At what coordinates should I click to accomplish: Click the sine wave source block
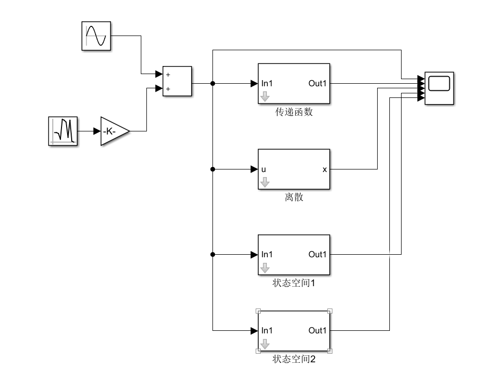click(96, 36)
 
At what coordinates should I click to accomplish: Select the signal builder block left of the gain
click(63, 131)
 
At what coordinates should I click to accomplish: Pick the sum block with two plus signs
click(177, 81)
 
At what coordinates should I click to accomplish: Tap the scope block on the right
click(439, 88)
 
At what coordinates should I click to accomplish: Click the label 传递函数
click(294, 112)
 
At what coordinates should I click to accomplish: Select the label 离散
click(294, 197)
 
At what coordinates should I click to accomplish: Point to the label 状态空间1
click(294, 283)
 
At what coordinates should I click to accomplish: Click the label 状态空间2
click(294, 359)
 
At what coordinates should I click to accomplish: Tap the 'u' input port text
click(264, 169)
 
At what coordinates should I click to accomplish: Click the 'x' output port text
click(324, 169)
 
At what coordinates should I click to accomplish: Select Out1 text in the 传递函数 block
click(317, 84)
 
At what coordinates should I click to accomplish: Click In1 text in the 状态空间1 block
click(267, 255)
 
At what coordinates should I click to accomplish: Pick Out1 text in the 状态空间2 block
click(317, 331)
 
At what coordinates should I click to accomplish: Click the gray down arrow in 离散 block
click(265, 182)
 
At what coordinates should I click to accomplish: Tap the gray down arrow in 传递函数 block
click(265, 96)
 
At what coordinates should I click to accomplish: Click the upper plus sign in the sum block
click(168, 74)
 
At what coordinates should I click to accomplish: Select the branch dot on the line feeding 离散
click(213, 169)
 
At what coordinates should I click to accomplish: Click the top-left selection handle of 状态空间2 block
click(258, 311)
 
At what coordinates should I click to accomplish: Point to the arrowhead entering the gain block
click(97, 131)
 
